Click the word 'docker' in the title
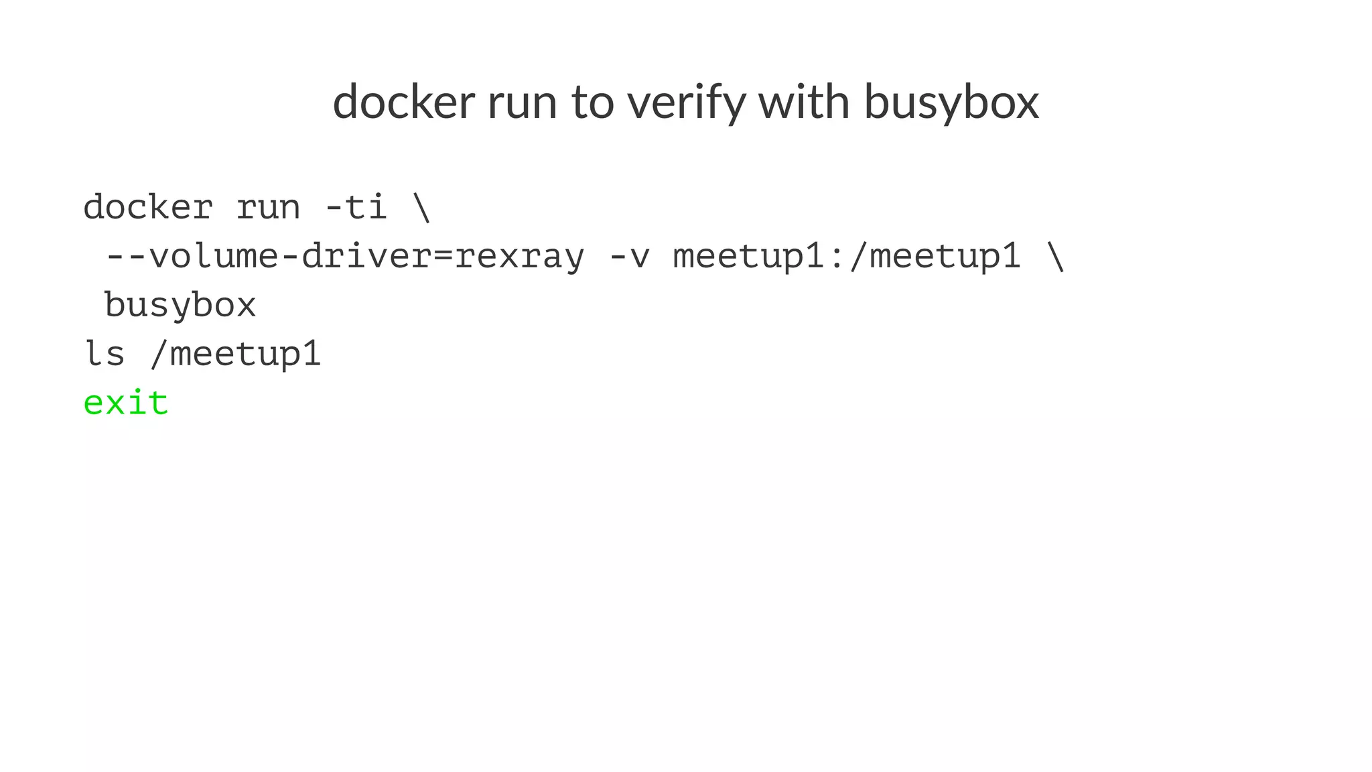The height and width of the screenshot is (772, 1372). pos(403,102)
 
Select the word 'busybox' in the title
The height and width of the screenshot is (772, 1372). pos(951,102)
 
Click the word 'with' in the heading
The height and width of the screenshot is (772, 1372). pos(804,102)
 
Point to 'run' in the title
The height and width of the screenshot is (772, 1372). pos(522,102)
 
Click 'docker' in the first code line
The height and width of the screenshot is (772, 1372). pos(148,207)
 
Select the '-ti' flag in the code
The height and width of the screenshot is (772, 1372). pos(356,207)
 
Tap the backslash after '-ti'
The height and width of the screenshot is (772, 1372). pos(422,207)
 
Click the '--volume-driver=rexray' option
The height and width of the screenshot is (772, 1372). pos(345,257)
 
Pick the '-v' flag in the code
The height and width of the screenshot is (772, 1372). pos(629,257)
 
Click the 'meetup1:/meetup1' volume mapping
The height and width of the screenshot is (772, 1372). pos(847,257)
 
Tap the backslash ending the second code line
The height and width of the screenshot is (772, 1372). pos(1054,257)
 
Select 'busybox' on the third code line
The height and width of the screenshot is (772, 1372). pos(180,306)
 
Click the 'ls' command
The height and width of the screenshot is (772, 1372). pos(105,354)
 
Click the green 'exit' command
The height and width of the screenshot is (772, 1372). pos(126,403)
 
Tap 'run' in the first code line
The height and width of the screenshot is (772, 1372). pos(268,207)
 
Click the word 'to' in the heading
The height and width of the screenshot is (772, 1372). pos(592,102)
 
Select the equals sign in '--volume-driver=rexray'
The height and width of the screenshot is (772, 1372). pos(443,257)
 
